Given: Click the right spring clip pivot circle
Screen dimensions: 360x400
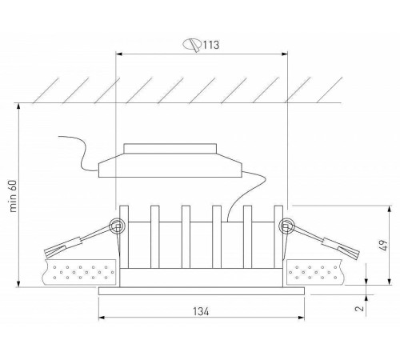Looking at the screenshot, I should tap(284, 227).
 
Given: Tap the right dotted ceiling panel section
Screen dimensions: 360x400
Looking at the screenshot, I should tap(321, 272).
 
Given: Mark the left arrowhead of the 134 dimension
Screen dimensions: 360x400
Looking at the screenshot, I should tap(101, 319).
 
